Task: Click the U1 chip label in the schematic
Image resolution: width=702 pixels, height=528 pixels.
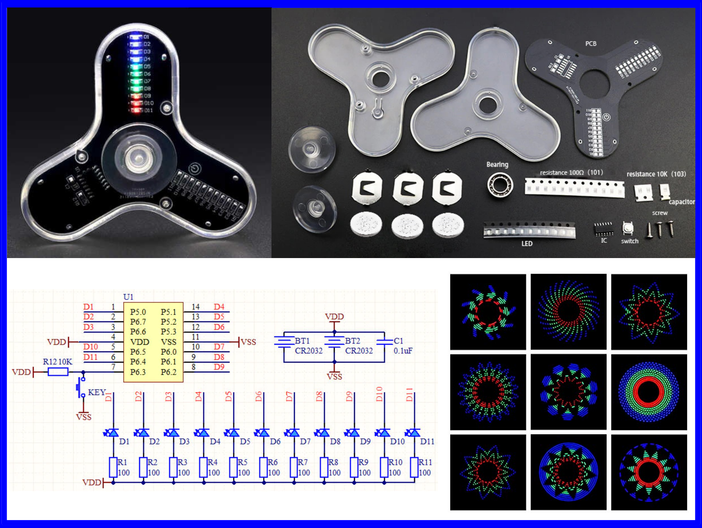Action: tap(128, 297)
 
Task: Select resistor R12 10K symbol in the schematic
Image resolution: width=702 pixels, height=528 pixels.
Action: tap(58, 372)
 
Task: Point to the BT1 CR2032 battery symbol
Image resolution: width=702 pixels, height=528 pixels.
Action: tap(284, 342)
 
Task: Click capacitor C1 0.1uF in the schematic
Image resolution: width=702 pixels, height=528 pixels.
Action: tap(384, 342)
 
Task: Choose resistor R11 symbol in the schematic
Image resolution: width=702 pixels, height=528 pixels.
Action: tap(414, 467)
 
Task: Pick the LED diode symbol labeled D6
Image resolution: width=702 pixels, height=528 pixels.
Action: tap(263, 433)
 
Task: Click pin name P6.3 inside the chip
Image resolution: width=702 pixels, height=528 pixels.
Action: tap(138, 372)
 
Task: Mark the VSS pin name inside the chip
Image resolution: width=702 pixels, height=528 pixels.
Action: tap(169, 342)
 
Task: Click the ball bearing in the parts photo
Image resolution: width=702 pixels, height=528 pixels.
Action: tap(500, 184)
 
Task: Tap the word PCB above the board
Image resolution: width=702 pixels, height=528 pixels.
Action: tap(591, 44)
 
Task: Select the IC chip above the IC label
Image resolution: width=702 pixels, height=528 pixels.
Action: tap(604, 228)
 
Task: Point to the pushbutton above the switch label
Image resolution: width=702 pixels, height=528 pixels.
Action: tap(628, 228)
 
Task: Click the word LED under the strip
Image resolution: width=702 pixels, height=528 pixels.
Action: tap(527, 244)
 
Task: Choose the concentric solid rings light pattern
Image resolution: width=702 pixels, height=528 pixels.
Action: tap(649, 392)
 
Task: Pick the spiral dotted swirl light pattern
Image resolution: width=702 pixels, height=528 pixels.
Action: tap(568, 312)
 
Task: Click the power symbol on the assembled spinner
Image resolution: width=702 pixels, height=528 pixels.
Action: tap(195, 168)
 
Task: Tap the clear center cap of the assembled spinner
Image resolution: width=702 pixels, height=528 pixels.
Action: tap(139, 158)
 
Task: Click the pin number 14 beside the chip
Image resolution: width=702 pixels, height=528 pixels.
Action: tap(195, 307)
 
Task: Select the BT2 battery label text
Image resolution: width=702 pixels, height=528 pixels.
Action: tap(352, 341)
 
